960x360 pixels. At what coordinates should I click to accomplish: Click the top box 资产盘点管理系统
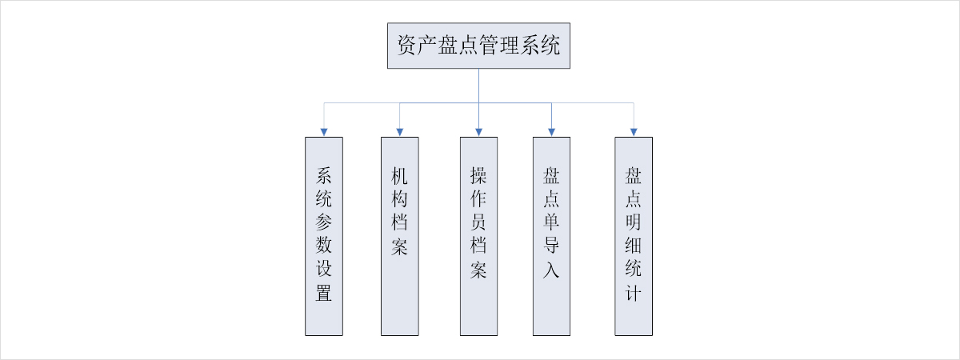478,46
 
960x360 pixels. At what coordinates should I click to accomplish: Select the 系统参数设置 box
324,235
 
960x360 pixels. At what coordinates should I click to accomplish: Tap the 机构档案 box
399,235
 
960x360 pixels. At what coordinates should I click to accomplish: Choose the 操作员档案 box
478,235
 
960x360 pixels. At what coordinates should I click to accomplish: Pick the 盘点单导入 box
552,235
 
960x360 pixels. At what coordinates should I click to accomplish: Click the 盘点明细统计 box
634,235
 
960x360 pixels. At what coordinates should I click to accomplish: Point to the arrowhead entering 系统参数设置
324,131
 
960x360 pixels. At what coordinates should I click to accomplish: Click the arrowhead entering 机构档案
399,131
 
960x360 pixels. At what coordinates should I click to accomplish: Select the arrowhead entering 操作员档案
478,131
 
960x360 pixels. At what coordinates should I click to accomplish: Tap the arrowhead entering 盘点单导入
552,131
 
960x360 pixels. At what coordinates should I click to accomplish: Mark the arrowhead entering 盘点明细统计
634,131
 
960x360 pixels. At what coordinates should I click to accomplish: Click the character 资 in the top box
406,46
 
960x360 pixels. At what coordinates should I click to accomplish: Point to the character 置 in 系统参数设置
324,294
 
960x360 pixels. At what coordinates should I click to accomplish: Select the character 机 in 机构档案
399,176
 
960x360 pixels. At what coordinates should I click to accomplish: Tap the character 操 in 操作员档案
478,176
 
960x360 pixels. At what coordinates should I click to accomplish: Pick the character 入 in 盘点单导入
552,270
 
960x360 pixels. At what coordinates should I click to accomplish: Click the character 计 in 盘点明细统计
634,294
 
